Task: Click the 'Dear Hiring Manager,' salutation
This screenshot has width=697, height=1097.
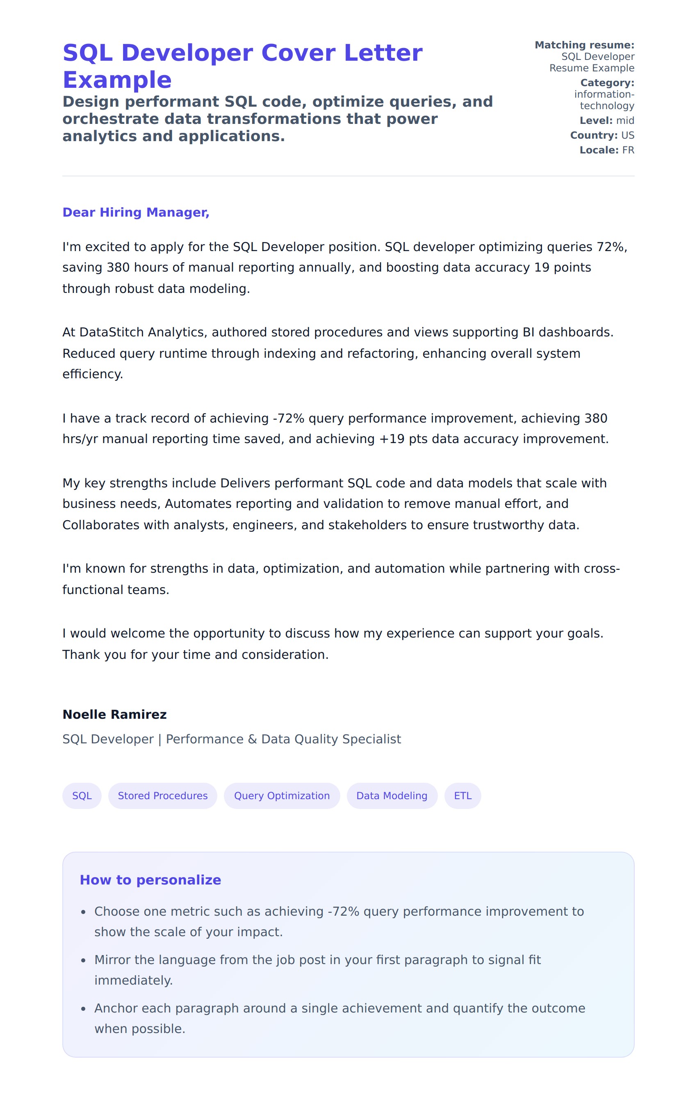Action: click(x=136, y=212)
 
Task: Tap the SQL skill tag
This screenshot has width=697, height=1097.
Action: click(x=82, y=795)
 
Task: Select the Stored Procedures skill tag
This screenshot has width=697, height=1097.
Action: click(x=162, y=795)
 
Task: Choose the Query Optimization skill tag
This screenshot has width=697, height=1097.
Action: click(x=282, y=795)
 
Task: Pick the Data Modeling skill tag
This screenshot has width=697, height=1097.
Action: click(x=392, y=795)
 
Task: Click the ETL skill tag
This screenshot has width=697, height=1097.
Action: click(x=462, y=795)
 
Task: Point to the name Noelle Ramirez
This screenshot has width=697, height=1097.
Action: click(x=114, y=714)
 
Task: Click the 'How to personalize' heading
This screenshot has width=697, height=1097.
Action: click(x=150, y=880)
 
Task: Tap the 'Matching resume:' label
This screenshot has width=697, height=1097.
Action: click(x=584, y=45)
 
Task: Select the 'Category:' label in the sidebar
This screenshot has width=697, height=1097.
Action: click(x=607, y=83)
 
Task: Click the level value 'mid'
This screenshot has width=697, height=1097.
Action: click(x=625, y=121)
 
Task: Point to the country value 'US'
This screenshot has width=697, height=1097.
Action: click(x=627, y=135)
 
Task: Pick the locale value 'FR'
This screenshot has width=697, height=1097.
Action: click(x=628, y=150)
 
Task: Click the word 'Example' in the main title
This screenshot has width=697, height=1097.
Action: click(x=117, y=80)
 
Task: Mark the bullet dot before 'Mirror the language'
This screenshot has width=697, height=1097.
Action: click(x=83, y=961)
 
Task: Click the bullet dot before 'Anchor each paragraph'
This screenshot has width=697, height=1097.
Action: click(x=83, y=1009)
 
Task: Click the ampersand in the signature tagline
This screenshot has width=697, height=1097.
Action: click(x=252, y=739)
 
